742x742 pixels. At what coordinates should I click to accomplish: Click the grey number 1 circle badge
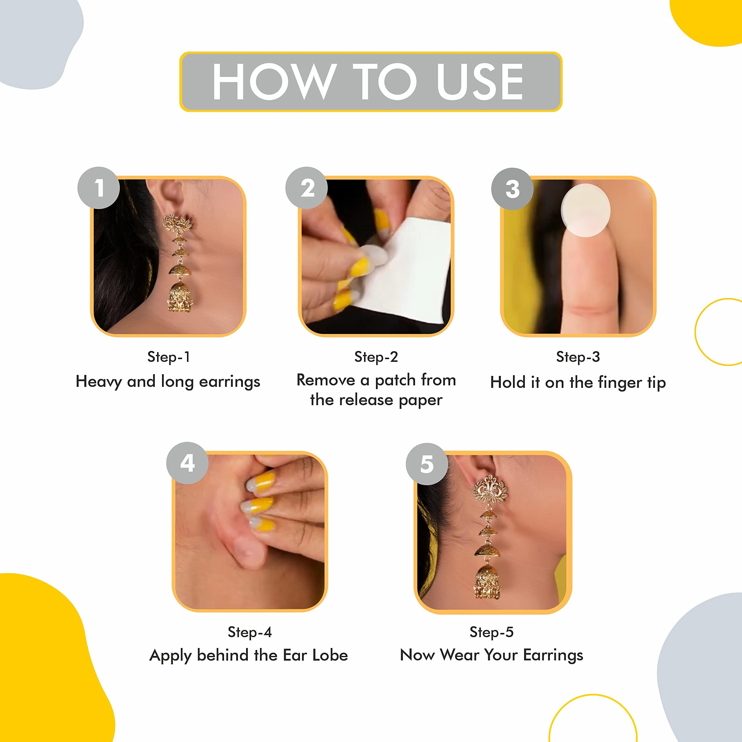tap(99, 188)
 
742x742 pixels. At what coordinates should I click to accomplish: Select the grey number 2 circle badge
tap(306, 188)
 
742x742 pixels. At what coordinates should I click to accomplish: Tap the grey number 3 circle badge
tap(512, 189)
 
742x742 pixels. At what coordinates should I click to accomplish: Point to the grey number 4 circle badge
tap(188, 463)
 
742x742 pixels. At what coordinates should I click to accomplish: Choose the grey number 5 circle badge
tap(427, 464)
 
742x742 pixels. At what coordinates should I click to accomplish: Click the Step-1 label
tap(169, 357)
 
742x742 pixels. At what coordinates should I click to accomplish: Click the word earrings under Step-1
tap(229, 382)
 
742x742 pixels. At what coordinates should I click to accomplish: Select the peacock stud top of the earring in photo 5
tap(489, 490)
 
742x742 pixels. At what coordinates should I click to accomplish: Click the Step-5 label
tap(491, 632)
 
